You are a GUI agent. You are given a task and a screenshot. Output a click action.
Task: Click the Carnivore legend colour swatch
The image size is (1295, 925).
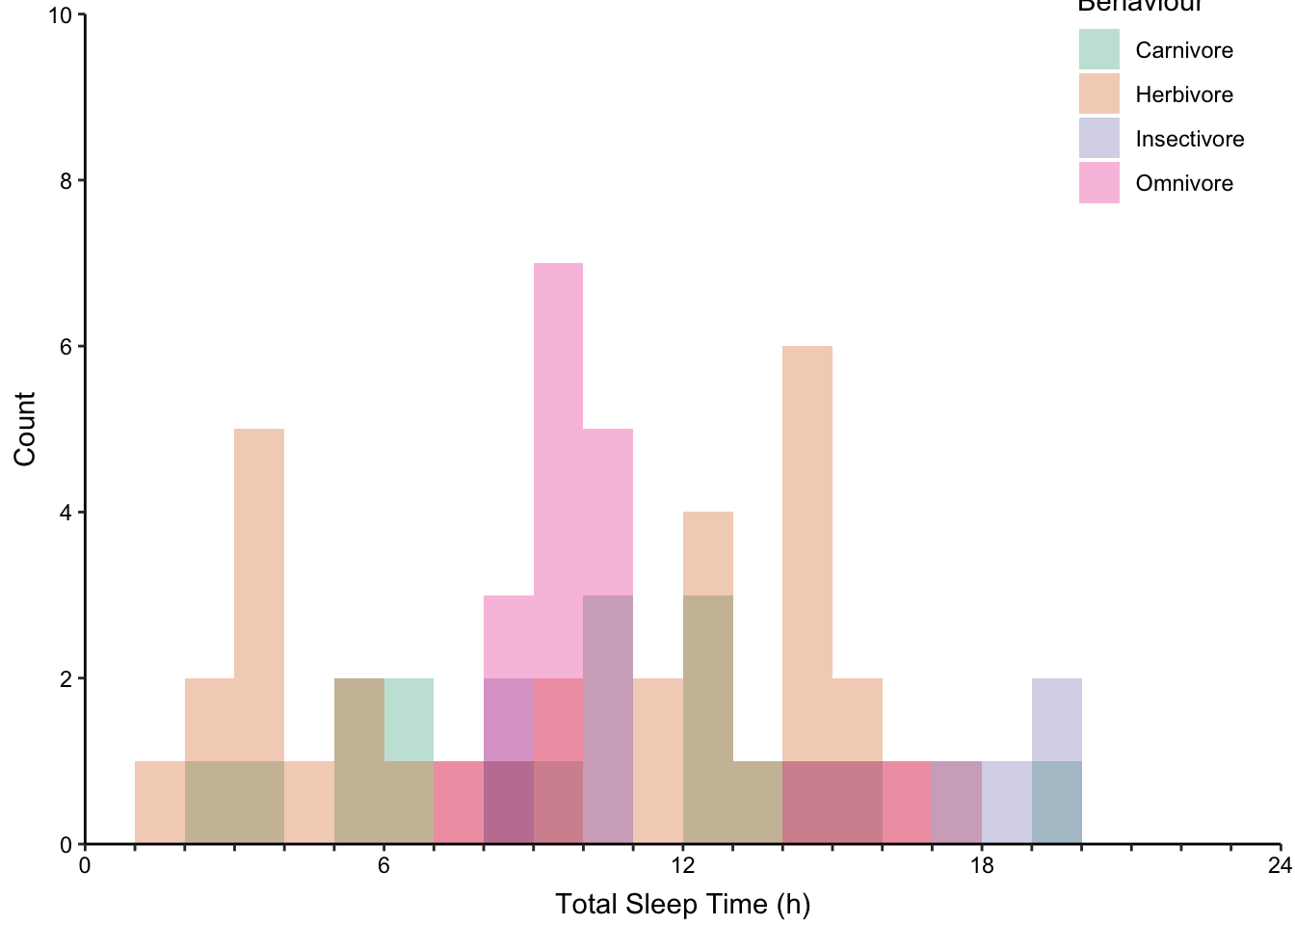(x=1098, y=50)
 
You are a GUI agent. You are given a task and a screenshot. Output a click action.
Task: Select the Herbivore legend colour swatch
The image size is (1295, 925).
(x=1098, y=94)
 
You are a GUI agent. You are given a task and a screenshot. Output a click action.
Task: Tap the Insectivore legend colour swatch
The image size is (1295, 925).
(x=1098, y=139)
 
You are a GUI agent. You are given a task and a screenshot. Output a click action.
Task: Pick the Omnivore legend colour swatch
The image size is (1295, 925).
(x=1098, y=183)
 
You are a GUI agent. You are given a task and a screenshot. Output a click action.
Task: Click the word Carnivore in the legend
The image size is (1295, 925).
(x=1183, y=50)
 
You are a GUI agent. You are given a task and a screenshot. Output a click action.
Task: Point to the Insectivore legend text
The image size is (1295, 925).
(x=1189, y=139)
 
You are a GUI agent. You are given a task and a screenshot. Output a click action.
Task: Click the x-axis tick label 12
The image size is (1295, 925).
(x=682, y=866)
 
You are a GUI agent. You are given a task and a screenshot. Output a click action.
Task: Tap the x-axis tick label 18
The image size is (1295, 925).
(x=981, y=866)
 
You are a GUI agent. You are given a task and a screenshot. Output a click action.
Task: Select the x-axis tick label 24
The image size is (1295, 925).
(x=1280, y=866)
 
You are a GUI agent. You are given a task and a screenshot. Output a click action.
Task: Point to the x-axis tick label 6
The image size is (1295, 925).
(x=383, y=866)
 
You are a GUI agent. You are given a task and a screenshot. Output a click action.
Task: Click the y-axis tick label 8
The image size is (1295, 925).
(x=66, y=181)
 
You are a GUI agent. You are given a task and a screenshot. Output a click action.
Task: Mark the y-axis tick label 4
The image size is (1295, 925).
(x=66, y=513)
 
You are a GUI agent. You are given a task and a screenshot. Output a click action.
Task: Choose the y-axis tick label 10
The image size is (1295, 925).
(x=62, y=15)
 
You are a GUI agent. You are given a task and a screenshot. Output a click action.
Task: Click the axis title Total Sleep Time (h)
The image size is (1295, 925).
(x=682, y=905)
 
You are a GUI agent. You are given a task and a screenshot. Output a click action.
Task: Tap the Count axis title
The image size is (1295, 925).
(x=25, y=429)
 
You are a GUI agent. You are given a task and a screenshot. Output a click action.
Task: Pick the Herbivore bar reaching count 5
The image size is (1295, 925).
(x=259, y=578)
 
